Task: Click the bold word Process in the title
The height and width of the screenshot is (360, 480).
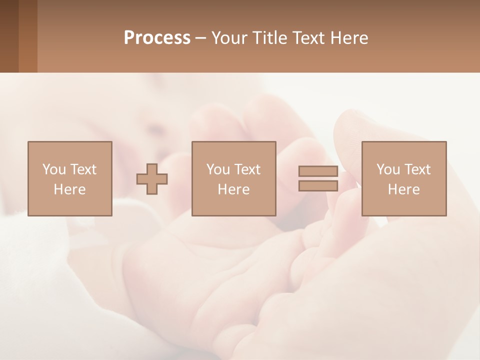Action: pyautogui.click(x=157, y=37)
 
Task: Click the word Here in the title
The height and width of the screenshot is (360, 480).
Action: pyautogui.click(x=349, y=37)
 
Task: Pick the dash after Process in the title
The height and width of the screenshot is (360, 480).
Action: pyautogui.click(x=201, y=38)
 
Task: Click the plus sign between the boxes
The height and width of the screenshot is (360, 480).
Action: pyautogui.click(x=152, y=179)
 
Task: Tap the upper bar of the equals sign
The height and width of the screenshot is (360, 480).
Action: pyautogui.click(x=318, y=171)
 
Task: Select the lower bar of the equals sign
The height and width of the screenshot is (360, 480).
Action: pyautogui.click(x=318, y=185)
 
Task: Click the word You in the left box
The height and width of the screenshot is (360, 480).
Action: pyautogui.click(x=54, y=169)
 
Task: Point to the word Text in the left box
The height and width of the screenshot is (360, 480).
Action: pyautogui.click(x=83, y=169)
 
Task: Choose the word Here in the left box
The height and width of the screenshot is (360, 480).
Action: pyautogui.click(x=69, y=189)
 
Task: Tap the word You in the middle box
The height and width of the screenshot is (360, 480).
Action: pyautogui.click(x=218, y=169)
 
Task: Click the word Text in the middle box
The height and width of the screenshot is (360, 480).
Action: pyautogui.click(x=247, y=169)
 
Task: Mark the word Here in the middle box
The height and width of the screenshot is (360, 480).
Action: pyautogui.click(x=233, y=189)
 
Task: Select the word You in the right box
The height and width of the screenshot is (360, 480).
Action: pyautogui.click(x=388, y=169)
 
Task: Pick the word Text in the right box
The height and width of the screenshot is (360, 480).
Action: pyautogui.click(x=417, y=169)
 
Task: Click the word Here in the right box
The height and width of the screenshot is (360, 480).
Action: pyautogui.click(x=403, y=189)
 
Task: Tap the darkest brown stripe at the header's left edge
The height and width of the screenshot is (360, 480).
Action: pyautogui.click(x=9, y=36)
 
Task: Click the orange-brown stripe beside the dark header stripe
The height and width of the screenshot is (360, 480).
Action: pyautogui.click(x=28, y=36)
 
